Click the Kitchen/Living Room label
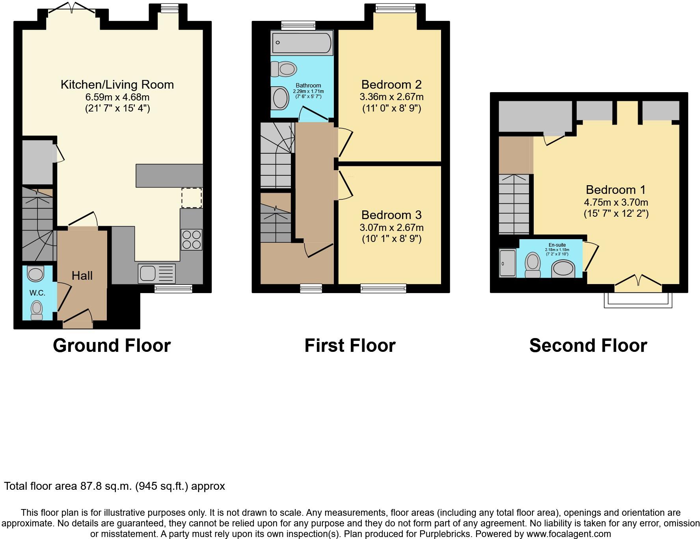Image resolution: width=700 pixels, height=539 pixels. coord(117,85)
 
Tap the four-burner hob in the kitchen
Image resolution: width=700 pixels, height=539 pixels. coord(192,240)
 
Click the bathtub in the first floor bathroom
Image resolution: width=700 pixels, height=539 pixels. coord(302,43)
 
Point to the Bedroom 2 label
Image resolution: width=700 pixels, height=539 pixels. coord(391,85)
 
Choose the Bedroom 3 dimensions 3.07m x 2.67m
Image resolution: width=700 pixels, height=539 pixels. coord(391,227)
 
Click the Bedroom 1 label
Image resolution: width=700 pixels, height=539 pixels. coord(616,190)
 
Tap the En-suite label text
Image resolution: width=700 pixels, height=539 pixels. coord(557,245)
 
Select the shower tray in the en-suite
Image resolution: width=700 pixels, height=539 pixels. coord(508,263)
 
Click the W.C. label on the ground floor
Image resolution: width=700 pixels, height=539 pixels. coord(37,293)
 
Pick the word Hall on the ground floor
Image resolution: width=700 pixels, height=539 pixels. coord(82,276)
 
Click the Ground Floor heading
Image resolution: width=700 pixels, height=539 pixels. coord(112,346)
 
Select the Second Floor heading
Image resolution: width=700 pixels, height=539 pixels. coord(588,346)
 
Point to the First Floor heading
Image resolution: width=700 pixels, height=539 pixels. coord(350,346)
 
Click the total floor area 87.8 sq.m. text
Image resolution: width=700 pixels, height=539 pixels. coord(114,486)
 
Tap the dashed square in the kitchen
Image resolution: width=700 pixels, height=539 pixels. coord(192,198)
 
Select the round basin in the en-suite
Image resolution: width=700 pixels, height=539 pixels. coord(563,270)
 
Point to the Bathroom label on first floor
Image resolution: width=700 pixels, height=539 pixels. coord(308,85)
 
